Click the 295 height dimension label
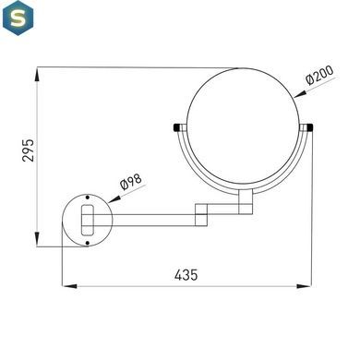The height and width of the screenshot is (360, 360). [x=28, y=150]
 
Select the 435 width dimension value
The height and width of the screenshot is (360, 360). [x=186, y=275]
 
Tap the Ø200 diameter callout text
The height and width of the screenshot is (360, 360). [x=319, y=75]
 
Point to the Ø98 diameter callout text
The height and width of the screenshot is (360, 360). [x=131, y=182]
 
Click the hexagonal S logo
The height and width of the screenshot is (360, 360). [x=18, y=18]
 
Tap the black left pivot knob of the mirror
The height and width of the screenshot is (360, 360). [x=176, y=127]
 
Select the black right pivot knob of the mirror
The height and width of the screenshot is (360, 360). [x=309, y=127]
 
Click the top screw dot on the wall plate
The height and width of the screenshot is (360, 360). [x=88, y=198]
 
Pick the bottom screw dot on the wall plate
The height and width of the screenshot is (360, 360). [x=88, y=243]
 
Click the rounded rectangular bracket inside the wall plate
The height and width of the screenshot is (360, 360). [x=88, y=220]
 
